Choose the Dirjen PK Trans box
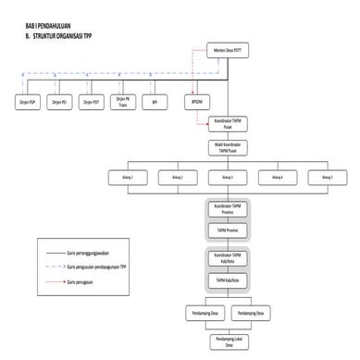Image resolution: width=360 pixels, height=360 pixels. tap(123, 102)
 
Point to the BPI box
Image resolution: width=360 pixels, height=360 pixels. tap(155, 102)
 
